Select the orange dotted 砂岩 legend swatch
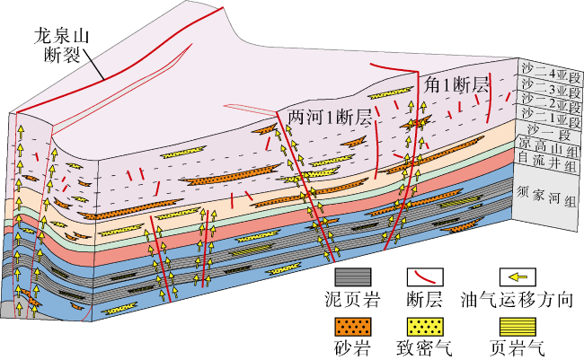point(352,324)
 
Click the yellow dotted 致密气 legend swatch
point(429,324)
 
